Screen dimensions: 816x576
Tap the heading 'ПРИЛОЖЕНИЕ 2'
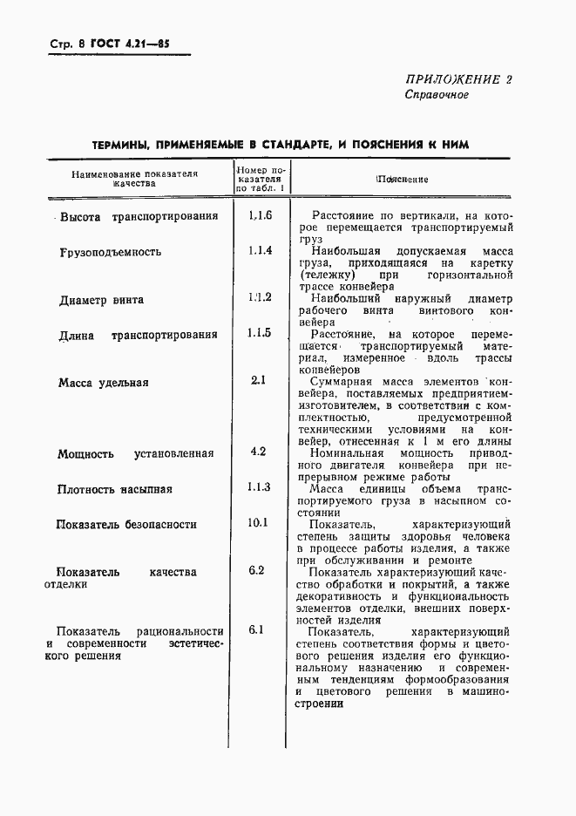tap(458, 79)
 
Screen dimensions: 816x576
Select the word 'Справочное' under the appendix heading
tap(437, 95)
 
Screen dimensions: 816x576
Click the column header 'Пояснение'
tap(402, 179)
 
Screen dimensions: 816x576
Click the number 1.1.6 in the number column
tap(260, 215)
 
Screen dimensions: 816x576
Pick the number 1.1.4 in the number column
tap(260, 250)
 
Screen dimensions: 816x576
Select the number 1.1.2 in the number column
tap(260, 298)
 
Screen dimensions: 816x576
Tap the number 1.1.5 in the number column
tap(260, 333)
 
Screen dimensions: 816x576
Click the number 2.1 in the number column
tap(258, 380)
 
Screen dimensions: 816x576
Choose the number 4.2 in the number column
tap(258, 452)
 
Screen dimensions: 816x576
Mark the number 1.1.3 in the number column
tap(260, 487)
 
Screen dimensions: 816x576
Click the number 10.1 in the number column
tap(258, 523)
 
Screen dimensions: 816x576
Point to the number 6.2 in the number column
tap(256, 570)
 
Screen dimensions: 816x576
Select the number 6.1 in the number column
tap(256, 629)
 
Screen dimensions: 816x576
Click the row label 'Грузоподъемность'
tap(110, 252)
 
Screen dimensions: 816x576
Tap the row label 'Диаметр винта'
tap(101, 300)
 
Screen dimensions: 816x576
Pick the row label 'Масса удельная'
tap(103, 382)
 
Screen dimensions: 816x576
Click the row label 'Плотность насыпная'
tap(115, 489)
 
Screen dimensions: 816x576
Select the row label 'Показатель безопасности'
tap(126, 525)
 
